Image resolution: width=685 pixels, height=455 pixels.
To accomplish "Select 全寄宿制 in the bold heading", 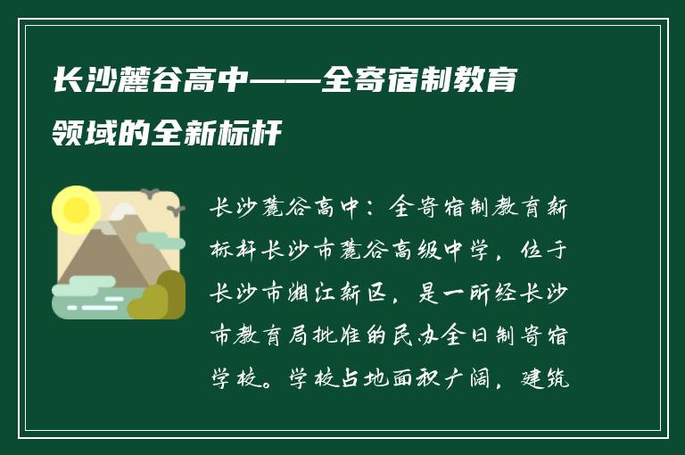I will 384,81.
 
